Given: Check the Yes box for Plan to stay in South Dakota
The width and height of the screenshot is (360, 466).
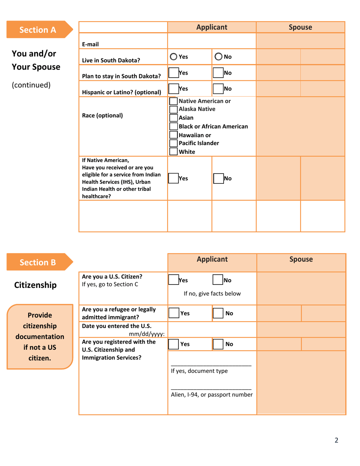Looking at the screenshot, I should click(x=173, y=73).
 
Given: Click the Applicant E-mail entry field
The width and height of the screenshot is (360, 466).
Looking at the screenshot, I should click(x=211, y=41).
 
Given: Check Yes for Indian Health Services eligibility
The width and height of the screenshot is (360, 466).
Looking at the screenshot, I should click(x=173, y=178).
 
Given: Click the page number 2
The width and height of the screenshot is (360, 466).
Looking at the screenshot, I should click(x=336, y=440).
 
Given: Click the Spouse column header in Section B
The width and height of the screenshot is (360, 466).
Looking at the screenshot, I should click(x=301, y=260).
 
